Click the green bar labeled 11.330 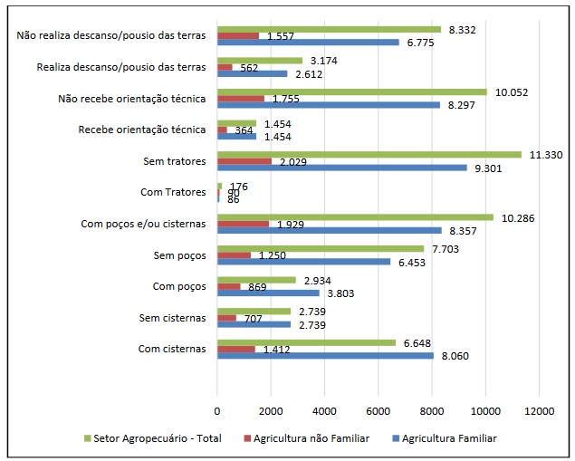pos(369,154)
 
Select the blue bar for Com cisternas pos(325,356)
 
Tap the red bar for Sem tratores pos(244,162)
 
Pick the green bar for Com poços pos(256,280)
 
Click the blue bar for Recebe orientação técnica pos(236,137)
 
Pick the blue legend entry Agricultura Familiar pos(451,437)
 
